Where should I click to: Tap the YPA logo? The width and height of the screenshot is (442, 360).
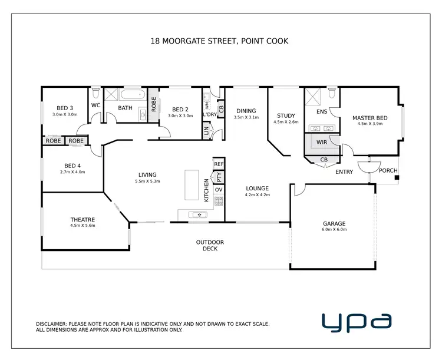tap(356, 321)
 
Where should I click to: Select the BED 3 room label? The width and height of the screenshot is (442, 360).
tap(65, 108)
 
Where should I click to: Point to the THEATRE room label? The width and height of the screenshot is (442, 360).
tap(83, 219)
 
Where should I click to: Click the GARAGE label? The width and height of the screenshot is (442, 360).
tap(334, 224)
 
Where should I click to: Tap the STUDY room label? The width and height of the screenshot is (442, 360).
tap(286, 115)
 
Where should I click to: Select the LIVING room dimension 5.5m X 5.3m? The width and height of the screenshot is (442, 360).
tap(147, 181)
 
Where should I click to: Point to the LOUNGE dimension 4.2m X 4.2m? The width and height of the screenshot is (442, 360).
tap(258, 194)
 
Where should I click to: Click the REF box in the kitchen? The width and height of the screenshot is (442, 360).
tap(219, 164)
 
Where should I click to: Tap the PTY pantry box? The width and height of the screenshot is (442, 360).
tap(219, 176)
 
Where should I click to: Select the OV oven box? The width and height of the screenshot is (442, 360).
tap(219, 189)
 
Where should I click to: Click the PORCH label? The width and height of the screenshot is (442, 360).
tap(388, 171)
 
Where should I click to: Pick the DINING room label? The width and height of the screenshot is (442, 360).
tap(246, 111)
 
